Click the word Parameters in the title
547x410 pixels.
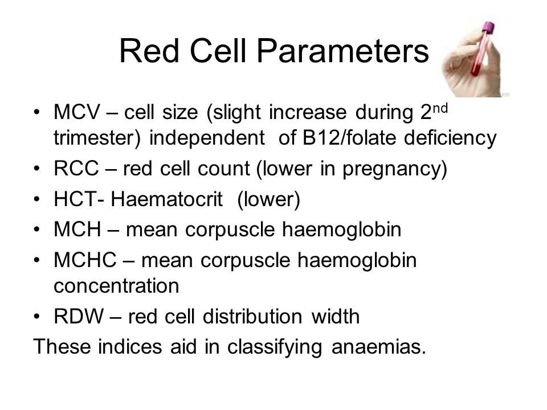tap(343, 51)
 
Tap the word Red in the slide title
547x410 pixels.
tap(149, 51)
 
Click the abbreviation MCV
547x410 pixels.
tap(77, 112)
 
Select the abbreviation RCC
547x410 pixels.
tap(76, 169)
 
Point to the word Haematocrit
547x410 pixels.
tap(166, 199)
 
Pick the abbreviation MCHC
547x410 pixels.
tap(85, 260)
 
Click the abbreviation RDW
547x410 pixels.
tap(79, 316)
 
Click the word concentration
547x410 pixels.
tap(116, 286)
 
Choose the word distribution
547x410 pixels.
tap(252, 316)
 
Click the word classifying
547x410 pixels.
tap(275, 347)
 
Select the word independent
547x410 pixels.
tap(207, 138)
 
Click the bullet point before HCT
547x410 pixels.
tap(37, 199)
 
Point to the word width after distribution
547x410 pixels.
tap(336, 316)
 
